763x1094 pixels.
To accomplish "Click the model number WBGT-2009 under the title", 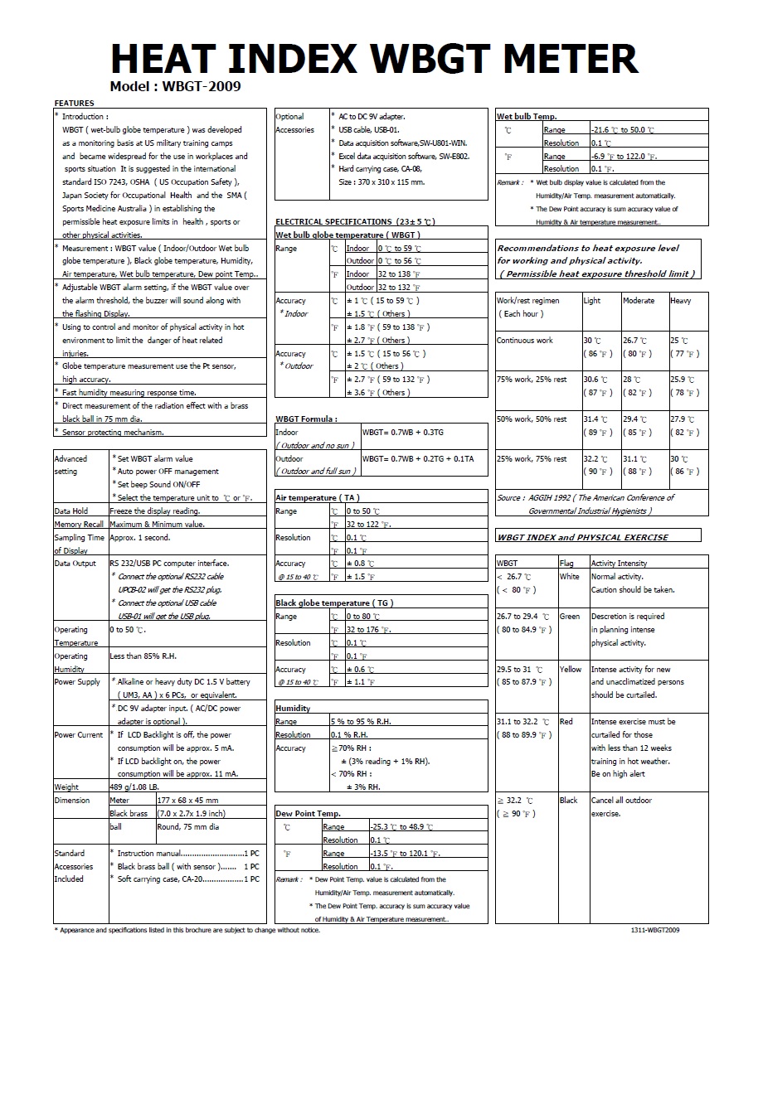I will pos(202,85).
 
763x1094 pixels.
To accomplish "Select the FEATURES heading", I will pos(74,104).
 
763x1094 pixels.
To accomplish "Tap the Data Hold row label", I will pos(71,511).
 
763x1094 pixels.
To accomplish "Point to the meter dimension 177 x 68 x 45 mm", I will pos(188,801).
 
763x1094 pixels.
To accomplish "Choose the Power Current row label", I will pos(79,735).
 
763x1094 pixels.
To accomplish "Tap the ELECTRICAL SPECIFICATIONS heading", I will pos(355,222).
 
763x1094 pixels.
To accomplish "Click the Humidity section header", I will pos(293,709).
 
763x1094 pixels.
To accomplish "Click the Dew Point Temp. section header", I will pos(308,814).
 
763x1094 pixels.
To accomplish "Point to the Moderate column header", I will pos(639,301).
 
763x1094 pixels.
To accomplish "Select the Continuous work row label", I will pos(525,341).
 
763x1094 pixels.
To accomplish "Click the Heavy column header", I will pos(680,301).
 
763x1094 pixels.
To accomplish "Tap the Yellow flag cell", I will pos(571,670).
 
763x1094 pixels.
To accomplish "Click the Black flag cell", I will pos(569,801).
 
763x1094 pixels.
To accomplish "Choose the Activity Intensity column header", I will pos(619,564).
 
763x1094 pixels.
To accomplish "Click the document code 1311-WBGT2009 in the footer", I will pos(655,930).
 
